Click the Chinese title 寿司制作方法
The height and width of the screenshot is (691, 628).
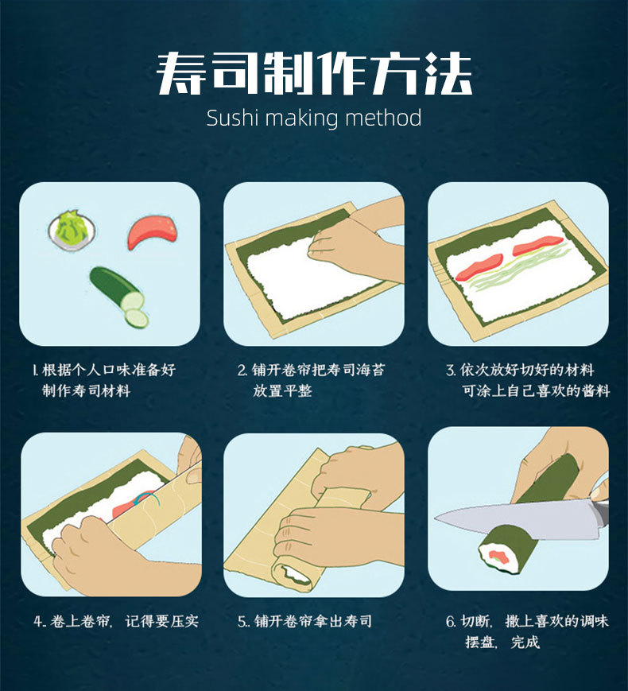pyautogui.click(x=314, y=74)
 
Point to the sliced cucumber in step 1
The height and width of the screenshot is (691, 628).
pyautogui.click(x=119, y=293)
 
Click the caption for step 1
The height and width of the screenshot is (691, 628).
pyautogui.click(x=103, y=380)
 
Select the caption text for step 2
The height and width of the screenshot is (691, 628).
pyautogui.click(x=311, y=380)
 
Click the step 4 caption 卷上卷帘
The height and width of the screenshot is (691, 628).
pyautogui.click(x=115, y=621)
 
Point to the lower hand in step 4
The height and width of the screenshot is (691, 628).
pyautogui.click(x=103, y=557)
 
